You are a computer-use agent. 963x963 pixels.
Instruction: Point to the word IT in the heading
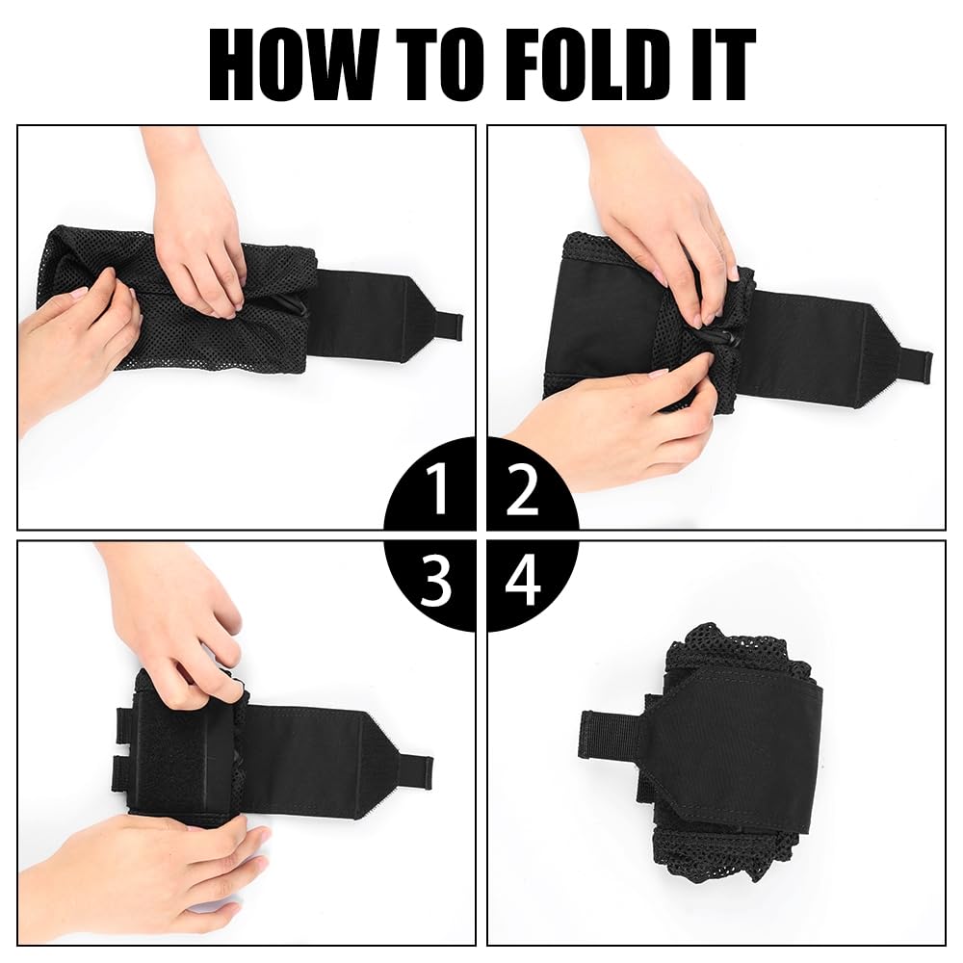(721, 65)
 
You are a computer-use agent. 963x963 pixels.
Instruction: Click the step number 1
(438, 488)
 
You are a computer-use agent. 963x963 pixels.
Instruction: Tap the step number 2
(522, 489)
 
